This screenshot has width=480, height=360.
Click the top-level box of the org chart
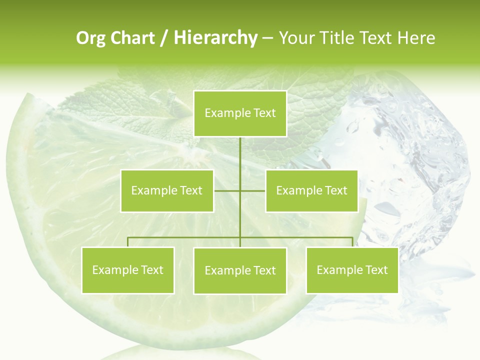pyautogui.click(x=240, y=113)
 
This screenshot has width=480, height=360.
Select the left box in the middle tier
pyautogui.click(x=167, y=190)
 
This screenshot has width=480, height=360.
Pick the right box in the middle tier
pyautogui.click(x=311, y=190)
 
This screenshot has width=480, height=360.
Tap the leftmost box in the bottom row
pyautogui.click(x=127, y=270)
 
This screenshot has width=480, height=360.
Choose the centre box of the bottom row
pyautogui.click(x=240, y=270)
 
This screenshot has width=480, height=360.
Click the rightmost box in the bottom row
pyautogui.click(x=352, y=270)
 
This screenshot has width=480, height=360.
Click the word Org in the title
pyautogui.click(x=90, y=38)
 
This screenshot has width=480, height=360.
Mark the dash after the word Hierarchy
pyautogui.click(x=267, y=38)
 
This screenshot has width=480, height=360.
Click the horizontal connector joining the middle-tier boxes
pyautogui.click(x=227, y=190)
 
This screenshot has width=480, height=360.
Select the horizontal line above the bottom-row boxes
pyautogui.click(x=185, y=237)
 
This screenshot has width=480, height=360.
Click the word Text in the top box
pyautogui.click(x=264, y=113)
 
